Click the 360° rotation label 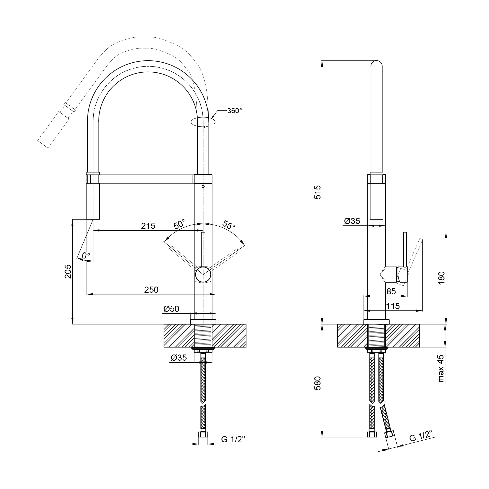[x=234, y=111]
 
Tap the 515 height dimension [x=317, y=192]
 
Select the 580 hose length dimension [x=317, y=383]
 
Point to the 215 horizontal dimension [x=148, y=226]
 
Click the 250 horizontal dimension [x=151, y=289]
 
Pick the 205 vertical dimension [x=68, y=272]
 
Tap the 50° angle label [x=179, y=224]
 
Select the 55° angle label [x=229, y=224]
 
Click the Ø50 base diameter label [x=171, y=309]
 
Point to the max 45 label [x=441, y=368]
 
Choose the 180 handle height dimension [x=441, y=278]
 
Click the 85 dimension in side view [x=391, y=292]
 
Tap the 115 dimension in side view [x=393, y=306]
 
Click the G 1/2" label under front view [x=233, y=439]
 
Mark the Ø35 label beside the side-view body [x=352, y=221]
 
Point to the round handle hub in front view [x=203, y=275]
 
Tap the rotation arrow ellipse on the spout [x=203, y=122]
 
